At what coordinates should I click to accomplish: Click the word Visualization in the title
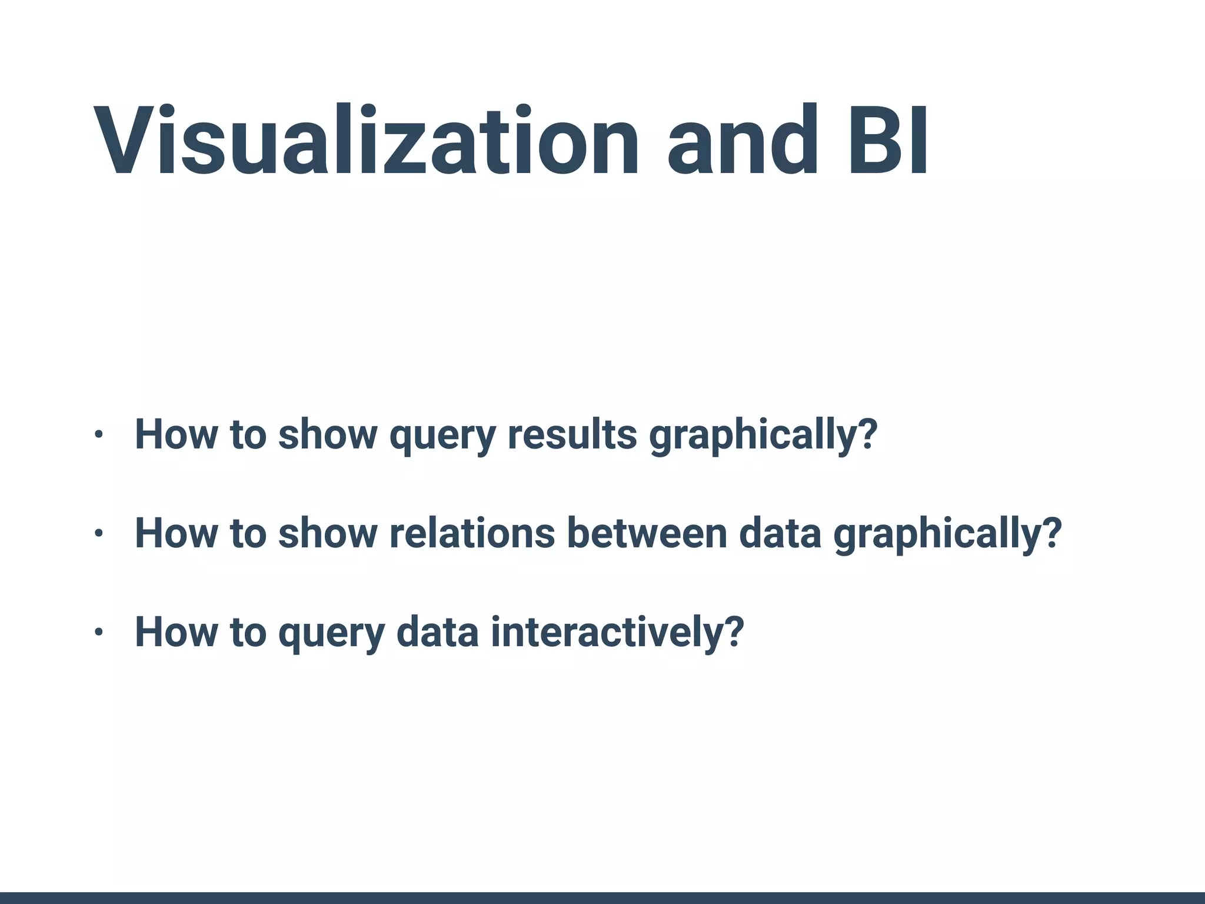(x=365, y=141)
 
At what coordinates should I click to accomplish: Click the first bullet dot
(x=98, y=435)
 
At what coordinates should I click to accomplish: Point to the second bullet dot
(x=98, y=534)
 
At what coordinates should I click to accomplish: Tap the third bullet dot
(x=98, y=633)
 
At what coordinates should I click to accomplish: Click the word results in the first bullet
(x=572, y=435)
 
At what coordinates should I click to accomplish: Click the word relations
(x=472, y=534)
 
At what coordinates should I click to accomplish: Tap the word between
(x=647, y=534)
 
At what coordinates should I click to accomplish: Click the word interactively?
(x=617, y=633)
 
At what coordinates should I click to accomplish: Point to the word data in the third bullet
(x=438, y=633)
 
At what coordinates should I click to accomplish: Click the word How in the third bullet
(x=176, y=633)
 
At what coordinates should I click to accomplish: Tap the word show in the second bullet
(x=327, y=534)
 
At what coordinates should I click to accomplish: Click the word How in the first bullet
(x=176, y=435)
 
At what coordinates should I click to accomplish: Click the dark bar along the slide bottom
(x=602, y=898)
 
